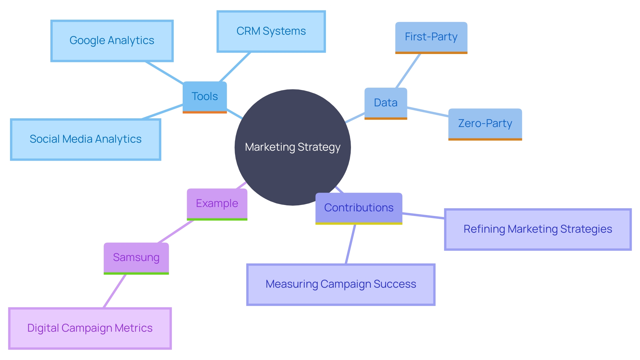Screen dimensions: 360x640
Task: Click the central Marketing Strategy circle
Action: click(293, 147)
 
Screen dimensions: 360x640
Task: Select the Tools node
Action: click(205, 97)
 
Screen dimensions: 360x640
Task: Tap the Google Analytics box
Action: click(112, 41)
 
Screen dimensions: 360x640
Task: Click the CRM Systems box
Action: click(271, 31)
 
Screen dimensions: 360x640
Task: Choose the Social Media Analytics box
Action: click(86, 139)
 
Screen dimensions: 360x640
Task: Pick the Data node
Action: click(386, 103)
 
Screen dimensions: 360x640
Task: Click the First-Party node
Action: click(431, 37)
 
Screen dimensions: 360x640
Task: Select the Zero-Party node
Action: click(485, 124)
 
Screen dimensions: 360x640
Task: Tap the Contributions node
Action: click(359, 208)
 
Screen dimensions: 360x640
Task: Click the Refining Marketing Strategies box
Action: click(538, 229)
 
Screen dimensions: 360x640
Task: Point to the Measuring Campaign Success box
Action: click(341, 284)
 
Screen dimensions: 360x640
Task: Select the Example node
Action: click(217, 203)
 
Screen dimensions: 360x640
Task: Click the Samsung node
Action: click(136, 257)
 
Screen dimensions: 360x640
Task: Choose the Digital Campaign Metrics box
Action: click(90, 328)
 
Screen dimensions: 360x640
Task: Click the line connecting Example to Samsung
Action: click(176, 232)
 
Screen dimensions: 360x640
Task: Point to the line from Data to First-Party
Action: click(408, 70)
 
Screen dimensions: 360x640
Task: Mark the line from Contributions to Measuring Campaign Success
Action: click(351, 244)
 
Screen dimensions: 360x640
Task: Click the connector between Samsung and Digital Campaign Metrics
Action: click(115, 291)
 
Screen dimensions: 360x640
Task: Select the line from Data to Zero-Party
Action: click(428, 112)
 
